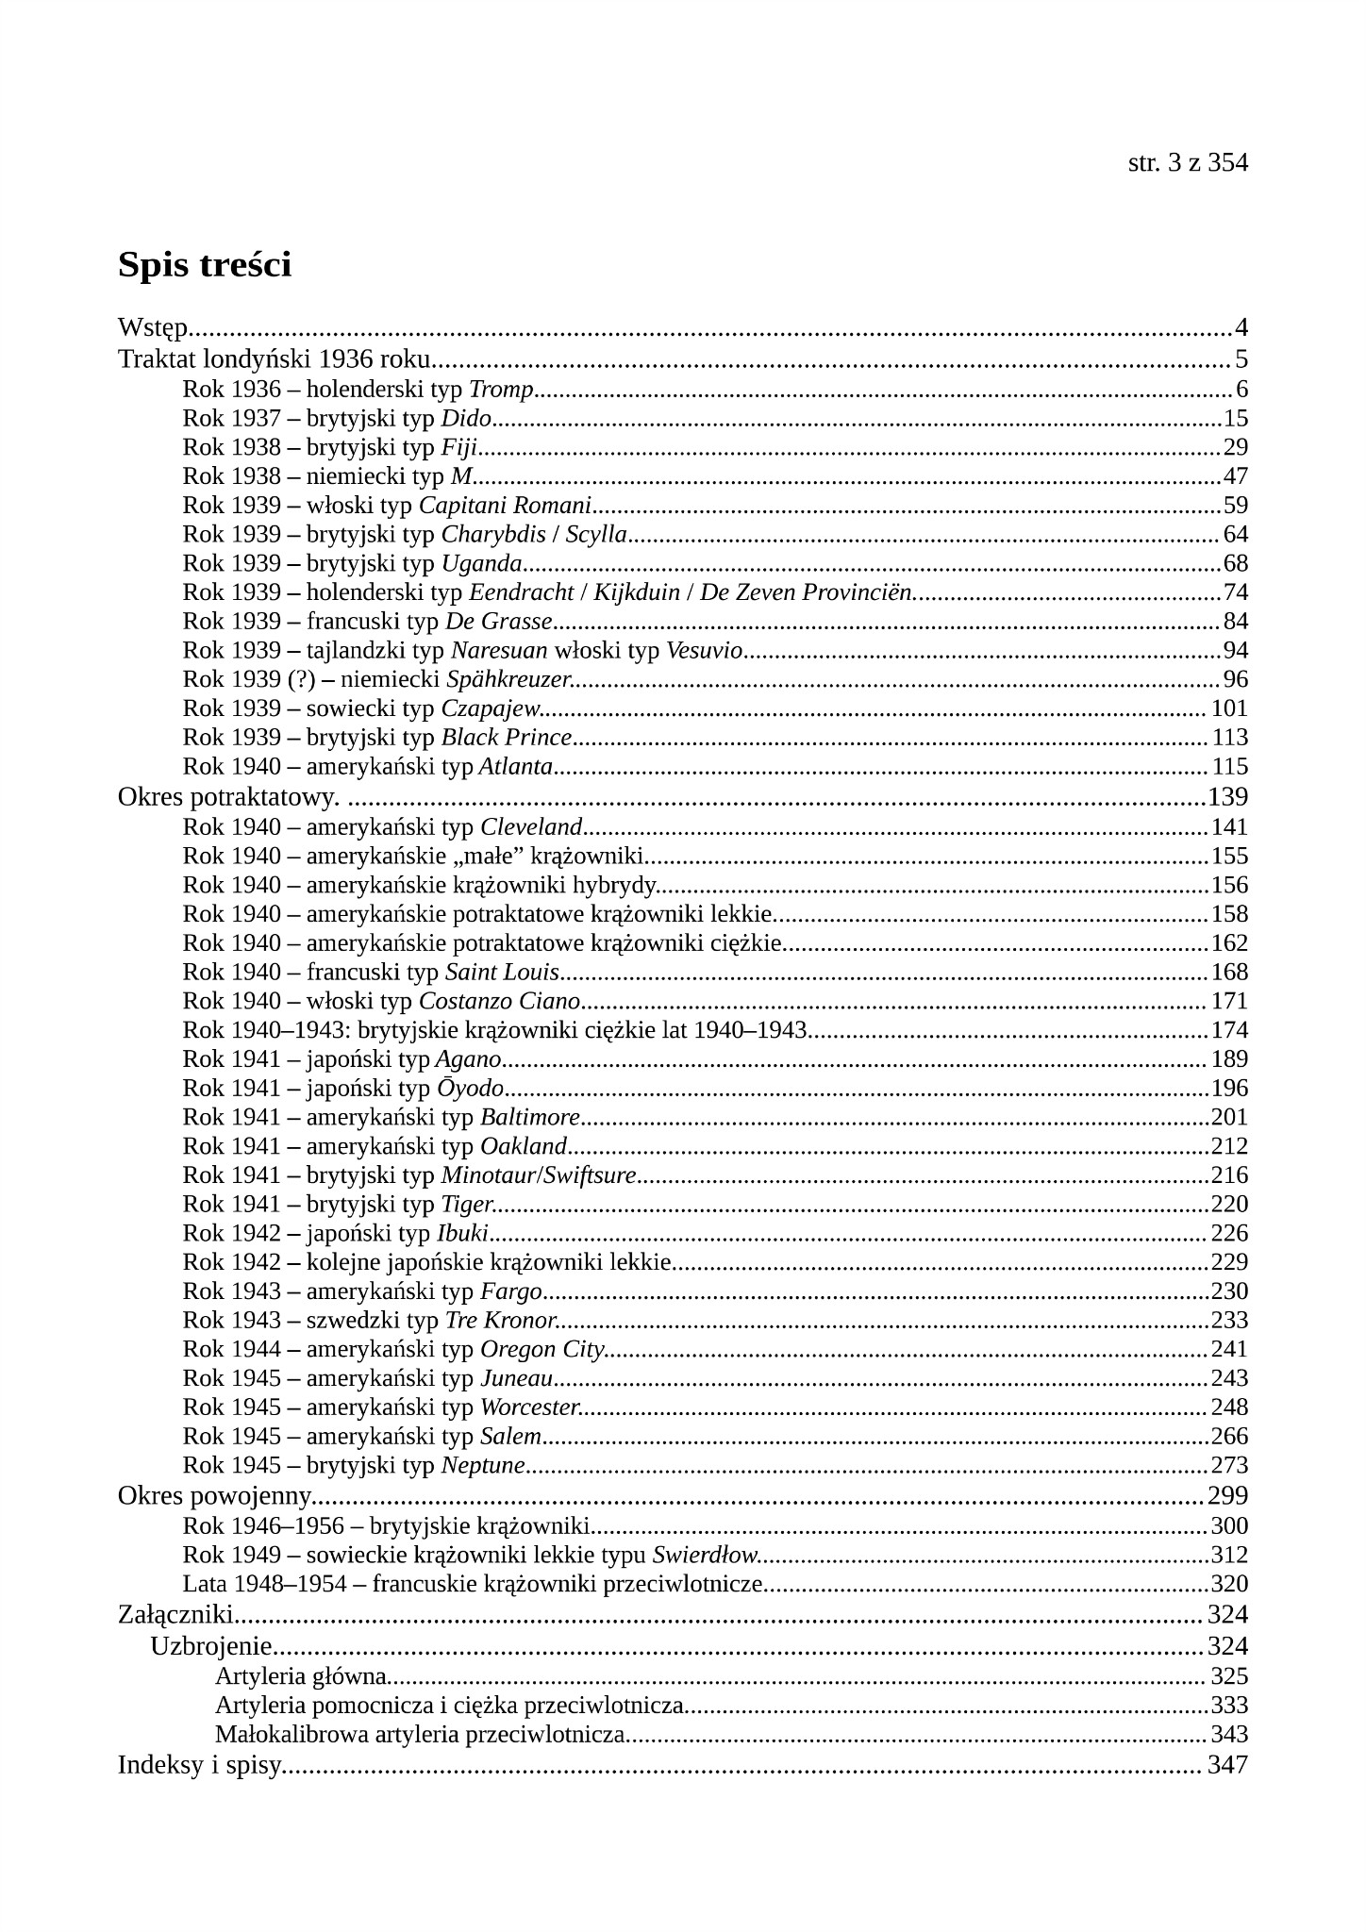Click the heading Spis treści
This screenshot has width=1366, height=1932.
pyautogui.click(x=205, y=265)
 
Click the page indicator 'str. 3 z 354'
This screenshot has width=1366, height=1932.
pyautogui.click(x=1187, y=163)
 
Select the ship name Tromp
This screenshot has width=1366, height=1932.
pyautogui.click(x=501, y=389)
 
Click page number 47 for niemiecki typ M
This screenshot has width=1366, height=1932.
pyautogui.click(x=1235, y=476)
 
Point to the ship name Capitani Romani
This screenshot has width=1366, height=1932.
pyautogui.click(x=505, y=506)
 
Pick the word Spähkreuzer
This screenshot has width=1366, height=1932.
pyautogui.click(x=508, y=679)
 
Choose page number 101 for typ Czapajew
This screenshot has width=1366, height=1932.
pyautogui.click(x=1229, y=708)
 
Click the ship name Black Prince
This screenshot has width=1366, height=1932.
pyautogui.click(x=507, y=738)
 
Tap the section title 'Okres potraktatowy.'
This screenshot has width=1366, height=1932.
pyautogui.click(x=228, y=797)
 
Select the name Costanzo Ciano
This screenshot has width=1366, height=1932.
pyautogui.click(x=499, y=1001)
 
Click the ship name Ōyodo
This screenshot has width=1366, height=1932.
pyautogui.click(x=470, y=1089)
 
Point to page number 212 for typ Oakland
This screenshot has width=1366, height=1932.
pyautogui.click(x=1229, y=1146)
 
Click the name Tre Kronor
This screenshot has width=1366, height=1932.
pyautogui.click(x=500, y=1320)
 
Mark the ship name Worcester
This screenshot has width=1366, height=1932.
pyautogui.click(x=529, y=1407)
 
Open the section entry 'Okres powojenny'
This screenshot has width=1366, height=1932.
pyautogui.click(x=214, y=1495)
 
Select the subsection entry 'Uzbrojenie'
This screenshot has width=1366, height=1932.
pyautogui.click(x=211, y=1646)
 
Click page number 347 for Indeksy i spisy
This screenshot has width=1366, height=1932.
pyautogui.click(x=1227, y=1765)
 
